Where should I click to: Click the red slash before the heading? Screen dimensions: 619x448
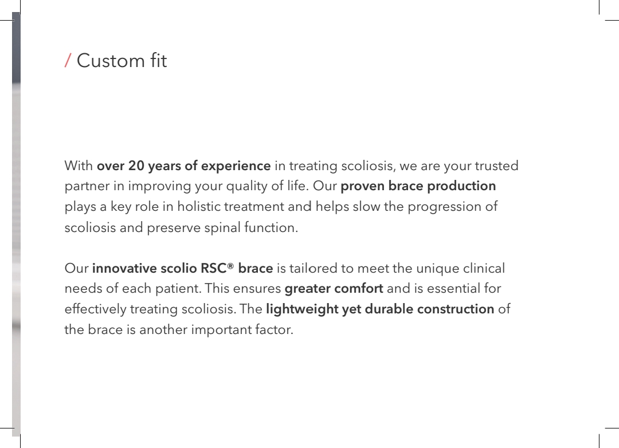point(68,60)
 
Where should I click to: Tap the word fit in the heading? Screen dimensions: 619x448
point(158,60)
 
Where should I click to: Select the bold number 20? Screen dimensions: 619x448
point(136,166)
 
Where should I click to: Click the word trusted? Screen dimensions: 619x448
point(496,166)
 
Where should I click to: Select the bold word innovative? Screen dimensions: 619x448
point(124,269)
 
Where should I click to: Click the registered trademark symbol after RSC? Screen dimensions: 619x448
point(230,266)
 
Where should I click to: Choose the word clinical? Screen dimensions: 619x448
point(484,269)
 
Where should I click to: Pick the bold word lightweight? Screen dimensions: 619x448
point(302,309)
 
